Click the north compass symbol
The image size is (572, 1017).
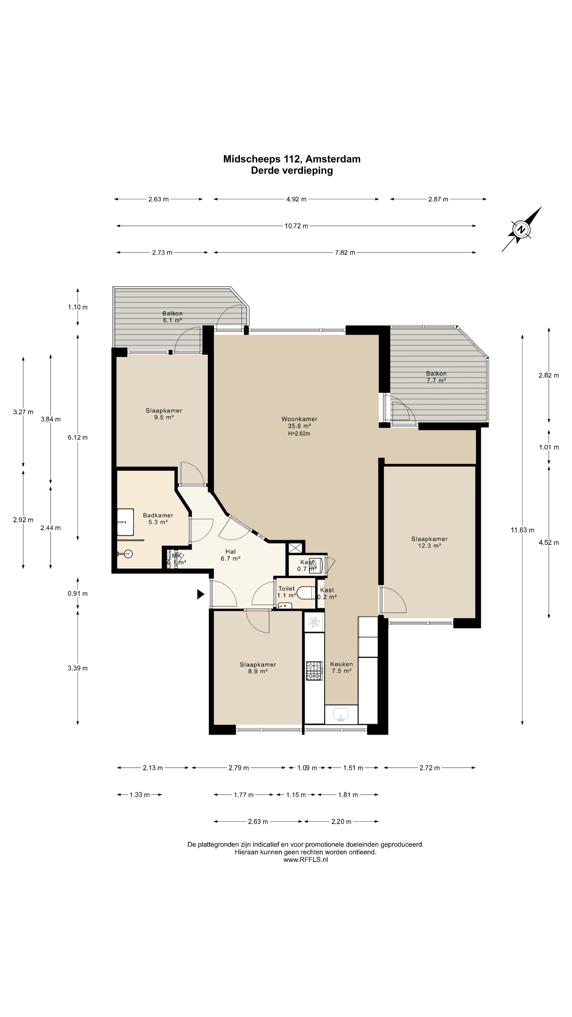click(x=521, y=229)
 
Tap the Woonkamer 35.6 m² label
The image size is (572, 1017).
click(x=299, y=422)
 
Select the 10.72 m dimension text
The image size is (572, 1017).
click(x=296, y=226)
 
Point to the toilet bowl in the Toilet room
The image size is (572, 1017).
click(x=306, y=593)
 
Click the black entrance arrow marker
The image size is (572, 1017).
click(x=200, y=594)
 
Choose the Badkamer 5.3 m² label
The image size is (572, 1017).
click(x=158, y=518)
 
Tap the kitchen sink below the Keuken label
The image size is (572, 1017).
click(x=341, y=714)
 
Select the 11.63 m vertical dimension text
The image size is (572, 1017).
click(x=522, y=530)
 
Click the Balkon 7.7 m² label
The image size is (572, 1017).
click(x=436, y=377)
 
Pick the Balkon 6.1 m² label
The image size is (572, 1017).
click(x=172, y=317)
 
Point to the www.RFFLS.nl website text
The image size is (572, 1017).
click(x=306, y=859)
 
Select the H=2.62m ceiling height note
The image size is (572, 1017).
click(x=299, y=434)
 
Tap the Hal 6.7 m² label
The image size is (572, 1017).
click(x=231, y=555)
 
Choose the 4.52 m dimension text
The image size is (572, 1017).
click(x=549, y=542)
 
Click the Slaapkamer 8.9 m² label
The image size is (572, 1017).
click(x=258, y=668)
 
